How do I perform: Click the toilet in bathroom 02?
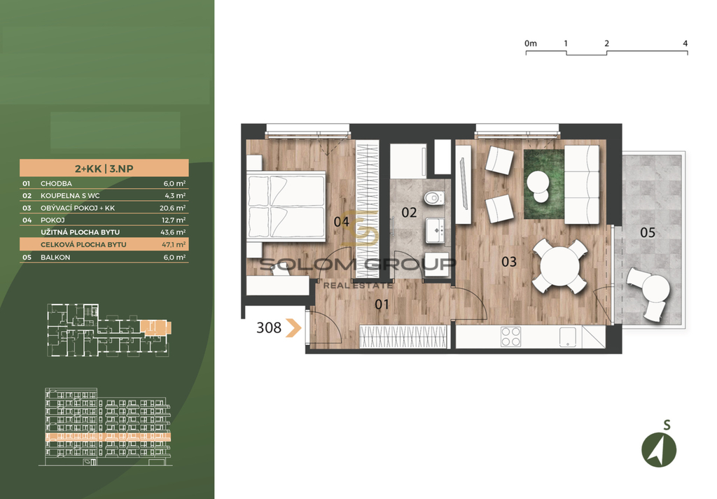tap(433, 198)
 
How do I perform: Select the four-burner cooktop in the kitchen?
tap(510, 337)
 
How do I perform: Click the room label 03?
tap(509, 262)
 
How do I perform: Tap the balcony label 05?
tap(648, 232)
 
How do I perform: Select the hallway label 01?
tap(382, 304)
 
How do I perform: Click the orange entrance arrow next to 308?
tap(293, 328)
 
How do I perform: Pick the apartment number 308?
tap(269, 328)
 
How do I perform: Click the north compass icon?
tap(659, 449)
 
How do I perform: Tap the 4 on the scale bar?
tap(685, 43)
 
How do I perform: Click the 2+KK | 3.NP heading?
tap(104, 169)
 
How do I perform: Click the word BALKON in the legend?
tap(55, 258)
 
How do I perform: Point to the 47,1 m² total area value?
tap(174, 244)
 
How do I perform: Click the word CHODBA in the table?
tap(56, 183)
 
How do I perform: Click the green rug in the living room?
tap(543, 184)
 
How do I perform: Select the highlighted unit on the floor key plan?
tap(155, 326)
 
